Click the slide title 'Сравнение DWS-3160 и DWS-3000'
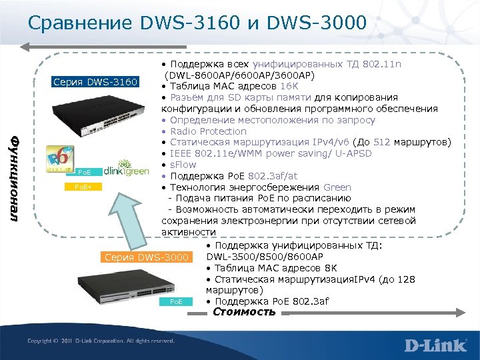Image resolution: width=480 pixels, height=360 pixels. (x=197, y=24)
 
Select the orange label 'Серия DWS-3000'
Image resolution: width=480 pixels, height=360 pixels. (x=146, y=257)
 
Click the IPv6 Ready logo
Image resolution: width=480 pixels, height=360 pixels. (x=59, y=161)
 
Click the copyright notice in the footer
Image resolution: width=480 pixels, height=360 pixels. (x=101, y=341)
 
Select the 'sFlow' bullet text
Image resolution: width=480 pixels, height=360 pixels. (x=183, y=165)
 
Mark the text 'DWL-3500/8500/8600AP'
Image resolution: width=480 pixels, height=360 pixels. (x=265, y=257)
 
